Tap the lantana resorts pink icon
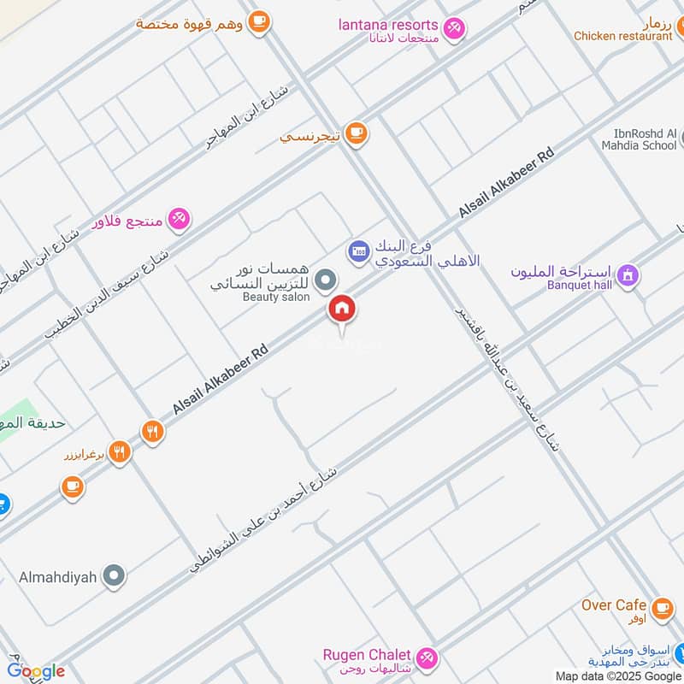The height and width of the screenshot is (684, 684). coord(456,27)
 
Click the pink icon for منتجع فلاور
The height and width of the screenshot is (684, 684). coord(178,219)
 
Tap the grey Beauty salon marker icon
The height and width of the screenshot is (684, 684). coord(325,279)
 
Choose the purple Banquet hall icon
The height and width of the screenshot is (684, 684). coord(628,276)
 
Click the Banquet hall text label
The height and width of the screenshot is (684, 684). coord(580,286)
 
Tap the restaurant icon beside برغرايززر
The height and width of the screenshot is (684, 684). coord(120,452)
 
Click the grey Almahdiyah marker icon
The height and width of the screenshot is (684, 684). coord(113,576)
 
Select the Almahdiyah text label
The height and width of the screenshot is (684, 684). coord(56,577)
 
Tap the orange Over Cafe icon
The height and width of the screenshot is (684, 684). coord(661,608)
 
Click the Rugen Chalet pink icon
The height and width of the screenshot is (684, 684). coord(428,657)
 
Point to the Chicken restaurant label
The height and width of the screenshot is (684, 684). coord(622,36)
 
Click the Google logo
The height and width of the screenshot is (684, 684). coord(36,670)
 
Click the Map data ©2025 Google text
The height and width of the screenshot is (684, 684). coord(616,675)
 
